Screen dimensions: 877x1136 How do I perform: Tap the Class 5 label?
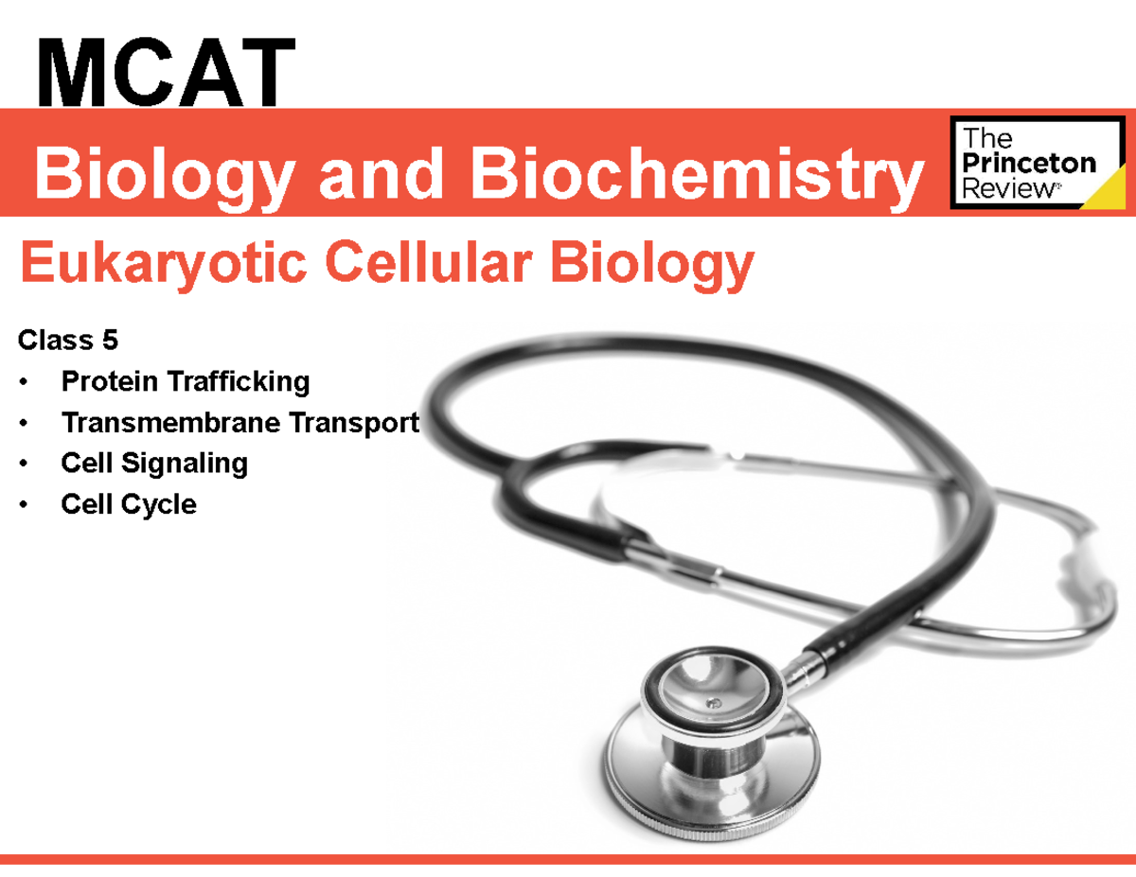coord(65,340)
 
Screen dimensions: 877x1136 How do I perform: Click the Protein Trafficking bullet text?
coord(186,381)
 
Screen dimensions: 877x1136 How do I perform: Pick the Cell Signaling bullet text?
coord(154,463)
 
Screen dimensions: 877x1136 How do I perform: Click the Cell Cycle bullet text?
coord(129,503)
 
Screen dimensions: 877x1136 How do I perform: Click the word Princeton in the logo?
coord(1028,164)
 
